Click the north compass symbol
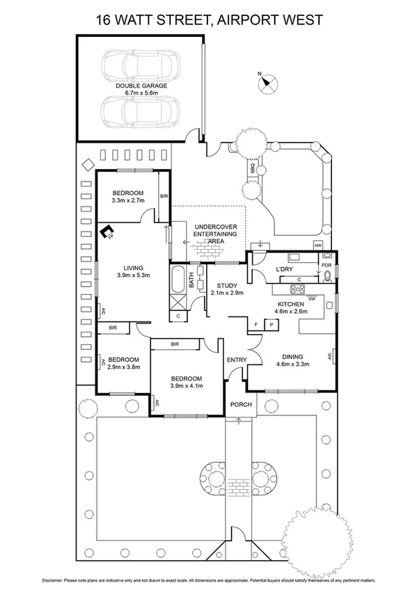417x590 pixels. point(265,83)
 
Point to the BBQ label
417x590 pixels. point(252,168)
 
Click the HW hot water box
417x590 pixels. point(319,246)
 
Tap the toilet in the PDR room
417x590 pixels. point(327,278)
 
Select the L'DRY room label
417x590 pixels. point(284,269)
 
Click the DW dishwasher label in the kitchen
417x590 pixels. point(312,298)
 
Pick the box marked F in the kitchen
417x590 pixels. point(255,325)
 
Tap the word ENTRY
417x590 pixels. point(236,359)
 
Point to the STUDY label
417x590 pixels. point(226,285)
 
